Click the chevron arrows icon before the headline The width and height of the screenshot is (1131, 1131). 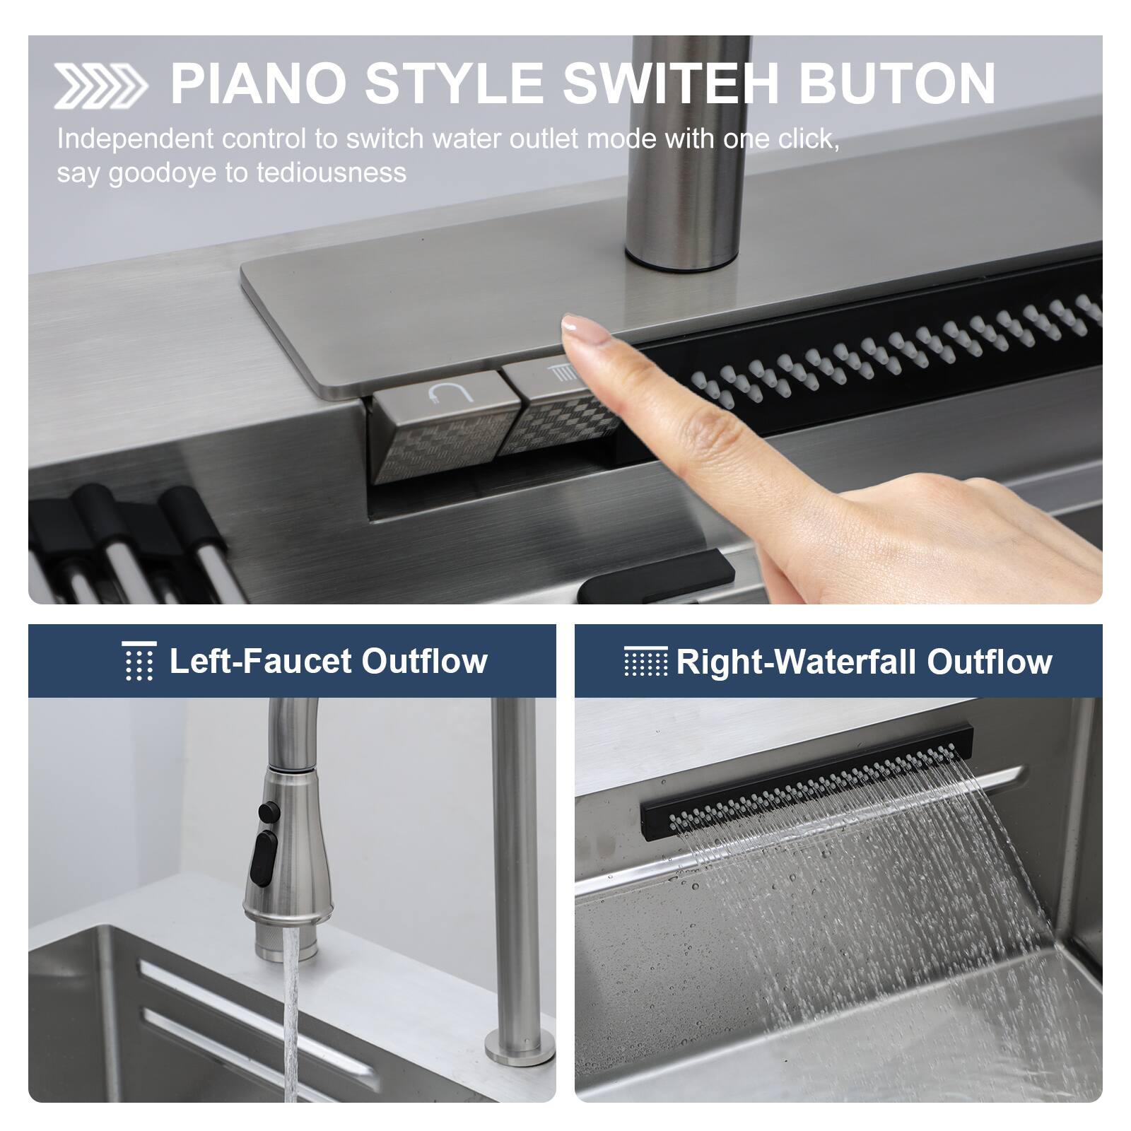[x=100, y=86]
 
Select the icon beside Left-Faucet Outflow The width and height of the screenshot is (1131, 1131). [x=139, y=661]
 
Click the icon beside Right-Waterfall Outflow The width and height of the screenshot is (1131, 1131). [x=645, y=662]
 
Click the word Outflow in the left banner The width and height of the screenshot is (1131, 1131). [x=424, y=662]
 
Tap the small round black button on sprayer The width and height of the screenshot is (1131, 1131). [x=268, y=811]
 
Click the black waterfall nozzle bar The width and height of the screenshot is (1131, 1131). [x=806, y=785]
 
